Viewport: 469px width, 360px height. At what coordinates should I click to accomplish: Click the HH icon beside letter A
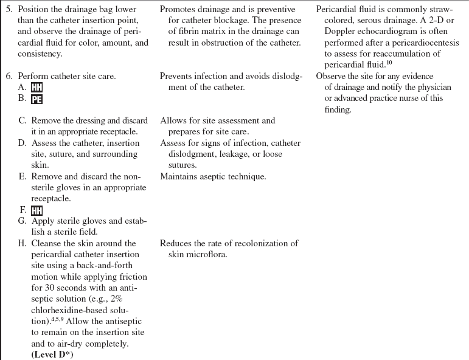pyautogui.click(x=36, y=87)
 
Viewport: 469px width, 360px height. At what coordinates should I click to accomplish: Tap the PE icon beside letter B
pyautogui.click(x=36, y=98)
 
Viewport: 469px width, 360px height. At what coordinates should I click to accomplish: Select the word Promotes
pyautogui.click(x=179, y=10)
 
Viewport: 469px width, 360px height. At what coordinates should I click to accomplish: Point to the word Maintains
pyautogui.click(x=180, y=176)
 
